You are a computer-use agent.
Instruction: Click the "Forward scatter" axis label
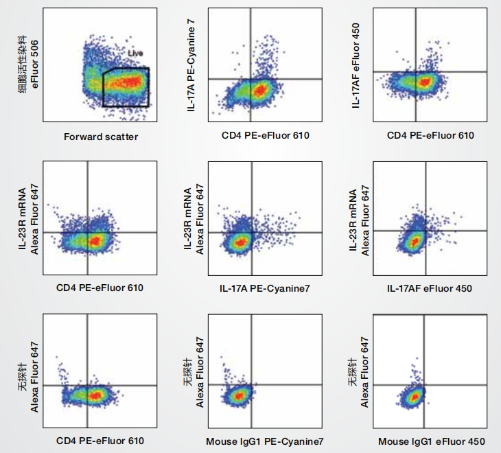pos(101,137)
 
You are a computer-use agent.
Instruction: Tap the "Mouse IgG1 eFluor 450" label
pos(430,440)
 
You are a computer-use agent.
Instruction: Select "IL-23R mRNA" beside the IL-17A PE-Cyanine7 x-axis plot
pos(189,218)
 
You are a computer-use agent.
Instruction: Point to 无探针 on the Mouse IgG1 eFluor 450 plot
pos(353,372)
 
